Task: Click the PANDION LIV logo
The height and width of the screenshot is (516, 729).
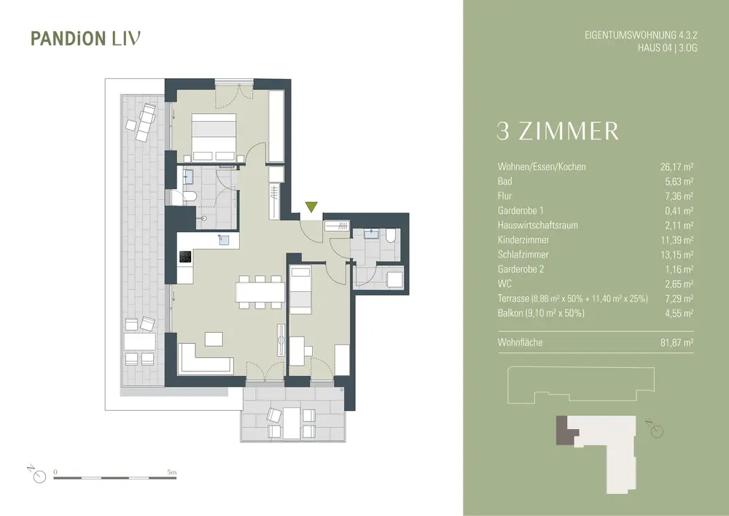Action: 85,39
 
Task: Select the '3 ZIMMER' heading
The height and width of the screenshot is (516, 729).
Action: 558,131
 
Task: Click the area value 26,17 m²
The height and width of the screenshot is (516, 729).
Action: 677,166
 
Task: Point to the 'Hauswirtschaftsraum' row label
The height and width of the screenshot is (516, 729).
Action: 537,226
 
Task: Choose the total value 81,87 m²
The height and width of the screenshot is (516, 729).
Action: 677,342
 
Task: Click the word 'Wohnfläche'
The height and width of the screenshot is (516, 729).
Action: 520,342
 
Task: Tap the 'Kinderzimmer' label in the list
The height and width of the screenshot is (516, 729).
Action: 523,240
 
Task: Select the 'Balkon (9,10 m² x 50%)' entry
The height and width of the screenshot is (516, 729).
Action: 541,313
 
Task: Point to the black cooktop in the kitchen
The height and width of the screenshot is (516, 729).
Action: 185,257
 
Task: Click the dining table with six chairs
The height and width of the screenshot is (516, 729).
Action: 260,292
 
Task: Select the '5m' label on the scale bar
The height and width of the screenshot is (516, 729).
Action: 172,472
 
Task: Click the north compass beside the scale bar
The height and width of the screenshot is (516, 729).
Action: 38,474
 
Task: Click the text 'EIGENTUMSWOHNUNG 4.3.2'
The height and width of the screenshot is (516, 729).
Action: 641,35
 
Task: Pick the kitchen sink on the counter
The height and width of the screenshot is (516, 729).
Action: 225,239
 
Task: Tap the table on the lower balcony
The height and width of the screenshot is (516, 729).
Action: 292,423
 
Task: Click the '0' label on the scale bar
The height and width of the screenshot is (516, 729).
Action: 55,472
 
